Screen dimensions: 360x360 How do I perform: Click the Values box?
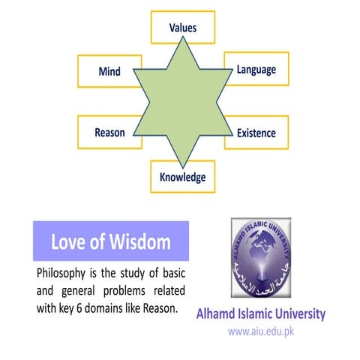tap(182, 27)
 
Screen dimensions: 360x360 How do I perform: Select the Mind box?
tap(109, 71)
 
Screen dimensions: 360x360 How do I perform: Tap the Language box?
tap(256, 70)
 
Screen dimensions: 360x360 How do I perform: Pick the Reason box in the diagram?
tap(109, 133)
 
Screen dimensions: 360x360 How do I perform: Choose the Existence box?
tap(256, 133)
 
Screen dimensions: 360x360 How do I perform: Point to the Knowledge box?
tap(182, 178)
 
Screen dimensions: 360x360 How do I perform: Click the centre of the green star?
tap(182, 101)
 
